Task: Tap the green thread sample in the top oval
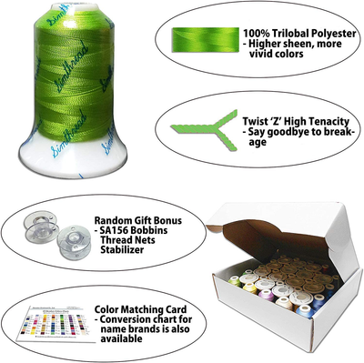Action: pos(195,37)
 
